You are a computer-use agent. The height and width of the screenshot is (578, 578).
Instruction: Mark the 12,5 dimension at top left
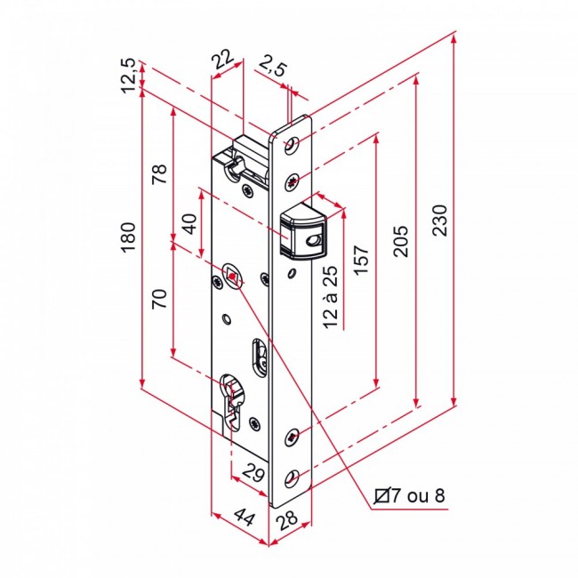pos(128,75)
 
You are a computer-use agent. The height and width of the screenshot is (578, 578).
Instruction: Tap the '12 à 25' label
pos(332,297)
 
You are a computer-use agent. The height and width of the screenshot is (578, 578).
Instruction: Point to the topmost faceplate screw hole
pos(295,146)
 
